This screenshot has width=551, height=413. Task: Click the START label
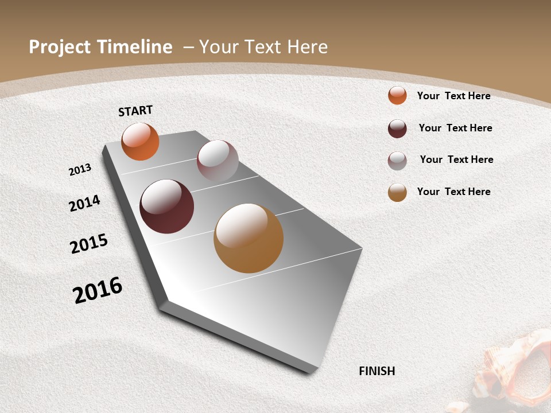click(x=135, y=111)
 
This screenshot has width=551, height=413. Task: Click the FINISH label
click(x=377, y=371)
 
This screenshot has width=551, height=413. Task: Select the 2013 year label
click(x=80, y=169)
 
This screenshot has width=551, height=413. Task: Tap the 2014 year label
click(x=84, y=203)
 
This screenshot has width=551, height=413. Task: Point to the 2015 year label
click(x=88, y=244)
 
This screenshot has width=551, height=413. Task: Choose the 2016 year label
click(x=98, y=290)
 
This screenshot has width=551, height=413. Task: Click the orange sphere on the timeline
click(x=140, y=141)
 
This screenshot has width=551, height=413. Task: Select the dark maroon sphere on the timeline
click(x=166, y=206)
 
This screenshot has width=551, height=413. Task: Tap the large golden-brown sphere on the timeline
click(x=249, y=238)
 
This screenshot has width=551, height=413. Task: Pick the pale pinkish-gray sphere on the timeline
click(x=218, y=160)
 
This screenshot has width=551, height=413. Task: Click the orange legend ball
click(x=397, y=95)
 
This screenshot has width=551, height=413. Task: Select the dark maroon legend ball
click(x=397, y=128)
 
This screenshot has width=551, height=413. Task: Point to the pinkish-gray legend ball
click(x=397, y=161)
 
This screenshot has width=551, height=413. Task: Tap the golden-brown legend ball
click(x=397, y=192)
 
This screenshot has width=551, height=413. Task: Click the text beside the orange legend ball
click(x=453, y=96)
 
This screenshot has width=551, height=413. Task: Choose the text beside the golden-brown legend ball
click(x=453, y=192)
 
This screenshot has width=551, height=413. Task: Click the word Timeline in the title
click(x=135, y=47)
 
